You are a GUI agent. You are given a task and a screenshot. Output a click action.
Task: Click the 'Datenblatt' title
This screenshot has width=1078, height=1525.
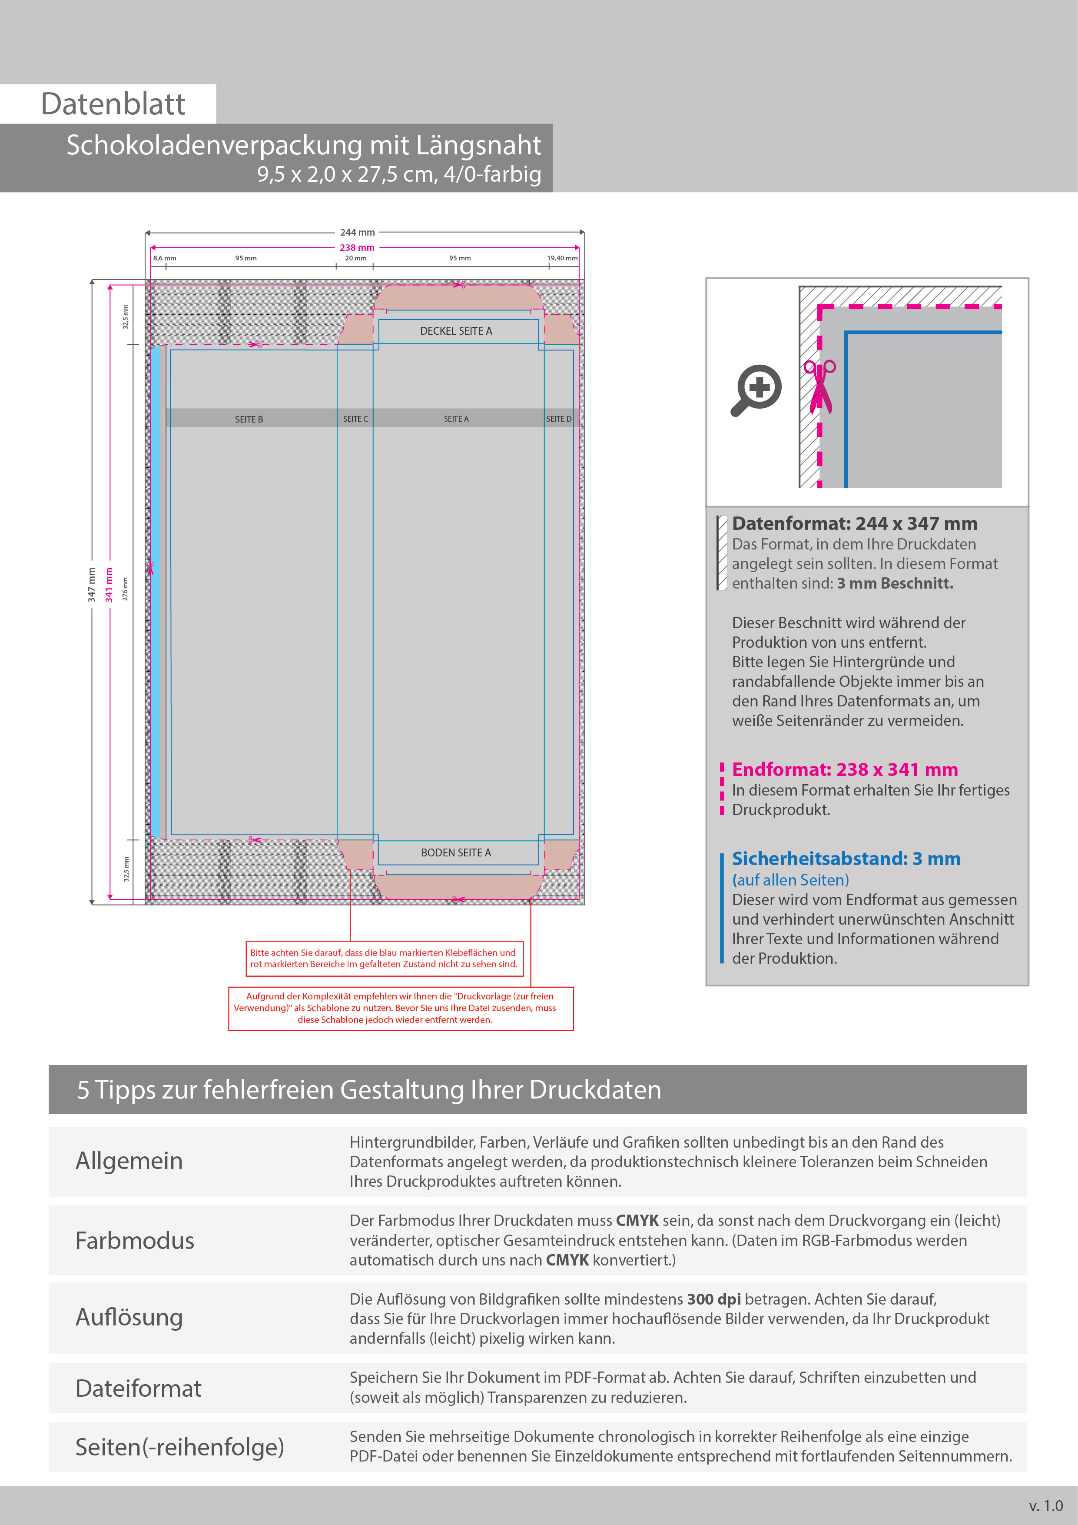(x=113, y=104)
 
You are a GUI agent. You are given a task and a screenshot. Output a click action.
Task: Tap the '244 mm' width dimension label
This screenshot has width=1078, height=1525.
(x=357, y=233)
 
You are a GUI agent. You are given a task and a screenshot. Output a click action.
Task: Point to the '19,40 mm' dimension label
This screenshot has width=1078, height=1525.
(x=562, y=258)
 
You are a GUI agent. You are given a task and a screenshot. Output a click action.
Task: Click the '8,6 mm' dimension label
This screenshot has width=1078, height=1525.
(x=165, y=258)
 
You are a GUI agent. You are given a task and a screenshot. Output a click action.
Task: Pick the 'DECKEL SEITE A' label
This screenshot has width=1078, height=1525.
(x=456, y=331)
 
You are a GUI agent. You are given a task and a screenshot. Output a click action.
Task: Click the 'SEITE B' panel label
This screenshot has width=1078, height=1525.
(x=249, y=419)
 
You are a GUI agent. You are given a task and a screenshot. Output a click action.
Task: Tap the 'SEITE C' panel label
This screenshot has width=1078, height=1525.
(x=355, y=419)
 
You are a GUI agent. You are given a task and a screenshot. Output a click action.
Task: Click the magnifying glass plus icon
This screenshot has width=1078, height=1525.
(x=757, y=389)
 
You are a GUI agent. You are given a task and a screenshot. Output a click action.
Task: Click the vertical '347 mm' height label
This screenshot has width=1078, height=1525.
(x=92, y=585)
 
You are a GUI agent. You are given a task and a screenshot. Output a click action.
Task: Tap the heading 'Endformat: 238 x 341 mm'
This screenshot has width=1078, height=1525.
(x=844, y=770)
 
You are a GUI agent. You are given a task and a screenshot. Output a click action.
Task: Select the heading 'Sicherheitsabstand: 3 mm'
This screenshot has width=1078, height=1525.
(x=846, y=859)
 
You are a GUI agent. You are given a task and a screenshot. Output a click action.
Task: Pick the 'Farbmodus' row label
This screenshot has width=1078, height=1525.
(x=135, y=1241)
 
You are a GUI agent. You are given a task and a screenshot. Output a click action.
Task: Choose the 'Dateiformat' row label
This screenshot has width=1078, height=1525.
(x=138, y=1388)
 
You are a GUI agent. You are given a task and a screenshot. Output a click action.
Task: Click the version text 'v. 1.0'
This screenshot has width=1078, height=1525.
(x=1045, y=1506)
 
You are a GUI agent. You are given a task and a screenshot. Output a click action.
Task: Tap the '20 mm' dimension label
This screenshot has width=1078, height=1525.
(x=356, y=258)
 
